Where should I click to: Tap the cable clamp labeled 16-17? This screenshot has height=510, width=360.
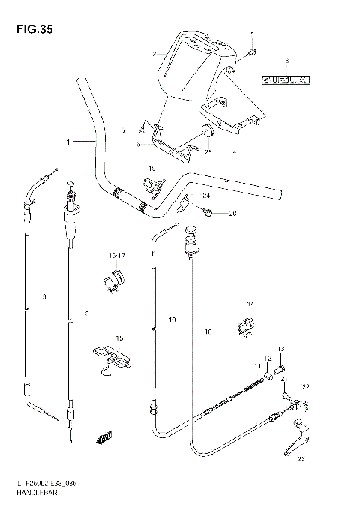[x=112, y=281]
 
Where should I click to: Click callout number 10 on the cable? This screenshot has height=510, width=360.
[x=172, y=320]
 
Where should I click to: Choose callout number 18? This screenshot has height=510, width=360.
[x=209, y=330]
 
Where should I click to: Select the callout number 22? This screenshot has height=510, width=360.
[x=305, y=386]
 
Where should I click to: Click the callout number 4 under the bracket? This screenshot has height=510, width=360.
[x=234, y=151]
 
